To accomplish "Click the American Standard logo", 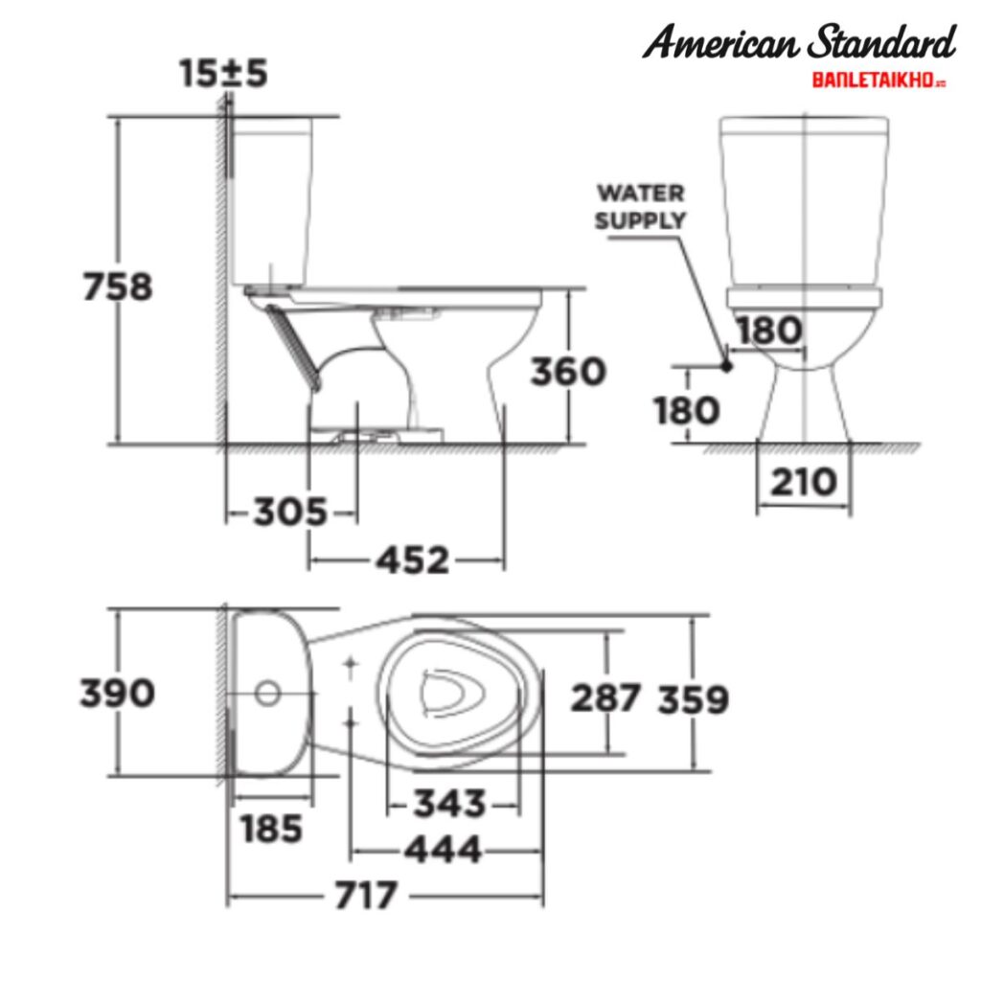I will pyautogui.click(x=799, y=44).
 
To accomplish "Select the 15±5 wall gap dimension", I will pyautogui.click(x=223, y=74).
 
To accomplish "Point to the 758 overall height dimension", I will pyautogui.click(x=117, y=286).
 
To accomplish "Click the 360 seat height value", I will pyautogui.click(x=568, y=372).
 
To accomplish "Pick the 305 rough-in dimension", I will pyautogui.click(x=290, y=513).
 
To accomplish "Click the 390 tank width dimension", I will pyautogui.click(x=117, y=692).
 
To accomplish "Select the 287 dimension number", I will pyautogui.click(x=605, y=698).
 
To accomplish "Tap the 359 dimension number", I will pyautogui.click(x=693, y=700).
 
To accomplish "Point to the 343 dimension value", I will pyautogui.click(x=449, y=804).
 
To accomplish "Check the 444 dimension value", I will pyautogui.click(x=443, y=849).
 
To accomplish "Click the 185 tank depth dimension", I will pyautogui.click(x=272, y=829).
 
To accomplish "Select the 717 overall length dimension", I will pyautogui.click(x=365, y=897).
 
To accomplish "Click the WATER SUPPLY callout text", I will pyautogui.click(x=640, y=206).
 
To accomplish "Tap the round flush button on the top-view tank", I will pyautogui.click(x=269, y=692).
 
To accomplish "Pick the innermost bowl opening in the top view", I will pyautogui.click(x=447, y=691).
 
